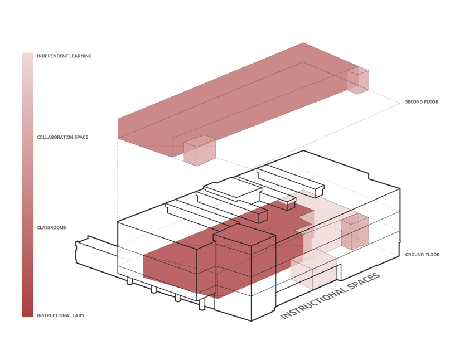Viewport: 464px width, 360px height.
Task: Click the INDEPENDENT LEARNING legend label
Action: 64,56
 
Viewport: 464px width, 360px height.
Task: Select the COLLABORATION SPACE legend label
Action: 62,137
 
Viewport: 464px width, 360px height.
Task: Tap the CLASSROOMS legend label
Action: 51,228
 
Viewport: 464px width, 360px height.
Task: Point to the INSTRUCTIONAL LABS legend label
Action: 60,316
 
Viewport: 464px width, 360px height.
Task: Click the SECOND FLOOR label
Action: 422,102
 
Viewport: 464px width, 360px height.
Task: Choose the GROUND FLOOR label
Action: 422,255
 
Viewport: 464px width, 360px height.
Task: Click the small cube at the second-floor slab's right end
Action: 357,80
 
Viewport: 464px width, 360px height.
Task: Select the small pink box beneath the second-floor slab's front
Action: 199,150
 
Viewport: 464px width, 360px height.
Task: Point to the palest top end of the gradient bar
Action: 27,57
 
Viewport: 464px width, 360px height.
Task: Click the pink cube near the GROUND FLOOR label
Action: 355,232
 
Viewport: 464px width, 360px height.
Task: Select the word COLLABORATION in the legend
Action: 55,137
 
